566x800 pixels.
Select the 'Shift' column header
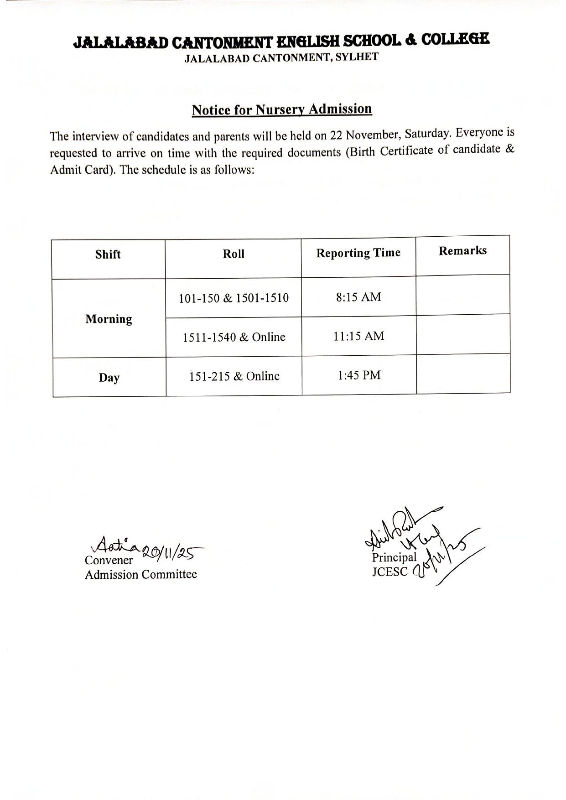[108, 255]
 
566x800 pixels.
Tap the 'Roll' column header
[234, 254]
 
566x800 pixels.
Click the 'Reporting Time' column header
[358, 253]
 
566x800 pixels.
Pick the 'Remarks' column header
[462, 251]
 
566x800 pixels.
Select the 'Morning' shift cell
[109, 319]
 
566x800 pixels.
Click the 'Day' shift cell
[109, 378]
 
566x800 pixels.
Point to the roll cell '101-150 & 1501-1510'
[234, 298]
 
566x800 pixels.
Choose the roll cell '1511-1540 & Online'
[234, 338]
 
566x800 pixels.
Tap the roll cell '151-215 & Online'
[234, 377]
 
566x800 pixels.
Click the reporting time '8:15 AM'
[358, 297]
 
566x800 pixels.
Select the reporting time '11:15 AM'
[359, 337]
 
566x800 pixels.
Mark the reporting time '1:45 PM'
[359, 376]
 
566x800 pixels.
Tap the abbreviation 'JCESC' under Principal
[389, 572]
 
